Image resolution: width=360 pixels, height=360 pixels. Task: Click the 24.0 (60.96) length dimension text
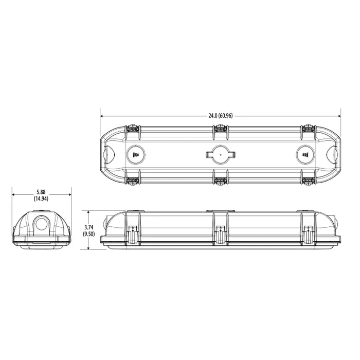pos(221,115)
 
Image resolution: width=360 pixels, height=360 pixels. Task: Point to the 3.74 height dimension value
pos(89,227)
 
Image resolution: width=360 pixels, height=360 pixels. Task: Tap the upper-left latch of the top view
pos(133,127)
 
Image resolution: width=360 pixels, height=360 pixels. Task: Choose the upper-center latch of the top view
pos(221,127)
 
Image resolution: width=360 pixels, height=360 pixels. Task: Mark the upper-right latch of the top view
pos(309,127)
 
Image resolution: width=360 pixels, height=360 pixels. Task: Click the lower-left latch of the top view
pos(133,181)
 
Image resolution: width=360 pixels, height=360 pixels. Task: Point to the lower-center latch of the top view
pos(221,181)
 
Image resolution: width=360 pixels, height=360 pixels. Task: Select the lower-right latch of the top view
pos(309,181)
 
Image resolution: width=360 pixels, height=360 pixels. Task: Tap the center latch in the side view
pos(221,234)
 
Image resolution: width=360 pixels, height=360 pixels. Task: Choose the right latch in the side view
pos(309,234)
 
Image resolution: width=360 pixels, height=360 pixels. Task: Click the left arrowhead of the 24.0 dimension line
pos(102,115)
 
